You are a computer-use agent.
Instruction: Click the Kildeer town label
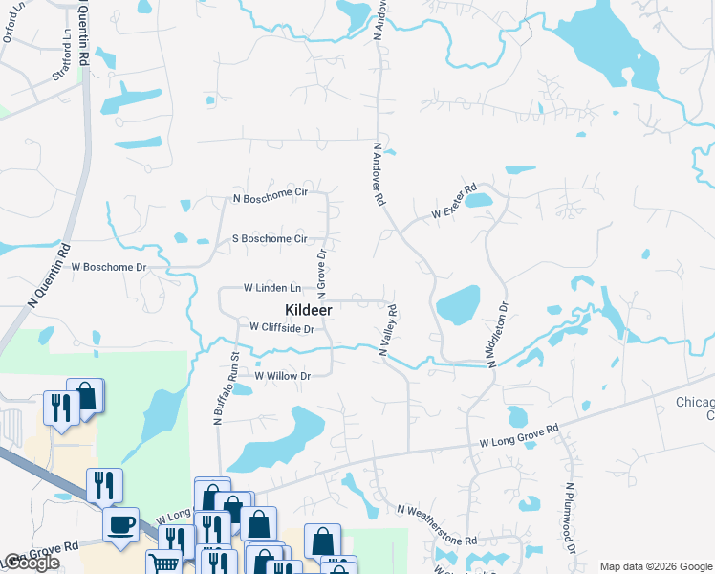pyautogui.click(x=308, y=310)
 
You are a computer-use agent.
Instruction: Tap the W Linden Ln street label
pyautogui.click(x=272, y=287)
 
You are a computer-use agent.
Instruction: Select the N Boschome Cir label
pyautogui.click(x=271, y=199)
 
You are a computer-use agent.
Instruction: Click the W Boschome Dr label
pyautogui.click(x=109, y=267)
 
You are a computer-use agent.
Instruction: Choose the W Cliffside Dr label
pyautogui.click(x=282, y=328)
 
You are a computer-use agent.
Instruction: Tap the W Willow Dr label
pyautogui.click(x=283, y=376)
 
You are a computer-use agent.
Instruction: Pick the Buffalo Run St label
pyautogui.click(x=228, y=387)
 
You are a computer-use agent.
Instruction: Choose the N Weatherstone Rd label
pyautogui.click(x=436, y=526)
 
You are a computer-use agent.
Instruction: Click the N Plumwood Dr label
pyautogui.click(x=570, y=518)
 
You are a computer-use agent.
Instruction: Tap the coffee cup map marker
pyautogui.click(x=121, y=525)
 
